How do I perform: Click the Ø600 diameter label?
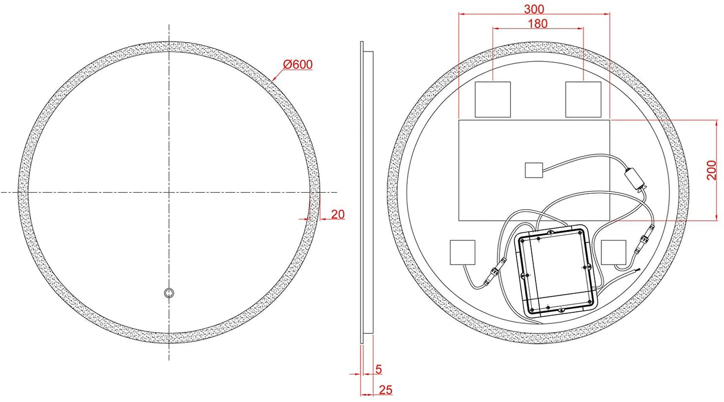pyautogui.click(x=298, y=65)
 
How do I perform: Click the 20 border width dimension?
pyautogui.click(x=338, y=214)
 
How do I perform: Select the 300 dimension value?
pyautogui.click(x=534, y=9)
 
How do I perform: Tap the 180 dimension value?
pyautogui.click(x=538, y=23)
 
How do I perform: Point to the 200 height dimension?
pyautogui.click(x=711, y=170)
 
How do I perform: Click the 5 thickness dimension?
pyautogui.click(x=378, y=369)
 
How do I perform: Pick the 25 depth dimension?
pyautogui.click(x=385, y=389)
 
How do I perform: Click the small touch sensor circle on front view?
pyautogui.click(x=169, y=293)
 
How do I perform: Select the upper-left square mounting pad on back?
pyautogui.click(x=493, y=99)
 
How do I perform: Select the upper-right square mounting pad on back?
pyautogui.click(x=583, y=99)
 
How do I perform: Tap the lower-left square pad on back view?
pyautogui.click(x=462, y=252)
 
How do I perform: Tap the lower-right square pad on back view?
pyautogui.click(x=614, y=252)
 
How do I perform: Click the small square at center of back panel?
pyautogui.click(x=534, y=170)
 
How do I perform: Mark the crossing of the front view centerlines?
pyautogui.click(x=169, y=192)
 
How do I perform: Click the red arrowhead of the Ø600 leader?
pyautogui.click(x=274, y=79)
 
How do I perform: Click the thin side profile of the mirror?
pyautogui.click(x=362, y=193)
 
